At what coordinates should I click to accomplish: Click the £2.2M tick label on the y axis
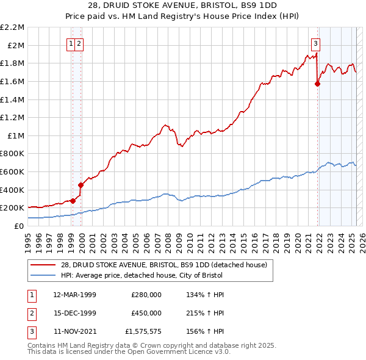pos(12,27)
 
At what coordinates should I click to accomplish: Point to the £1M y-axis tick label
pos(16,135)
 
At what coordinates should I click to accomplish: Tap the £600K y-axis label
pos(12,171)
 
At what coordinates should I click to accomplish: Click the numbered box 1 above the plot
pos(71,43)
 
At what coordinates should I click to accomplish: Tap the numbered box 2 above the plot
pos(80,43)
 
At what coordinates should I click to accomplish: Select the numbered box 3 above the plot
pos(315,43)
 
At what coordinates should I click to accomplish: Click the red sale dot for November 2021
pos(317,84)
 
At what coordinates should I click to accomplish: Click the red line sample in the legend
pos(43,265)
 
